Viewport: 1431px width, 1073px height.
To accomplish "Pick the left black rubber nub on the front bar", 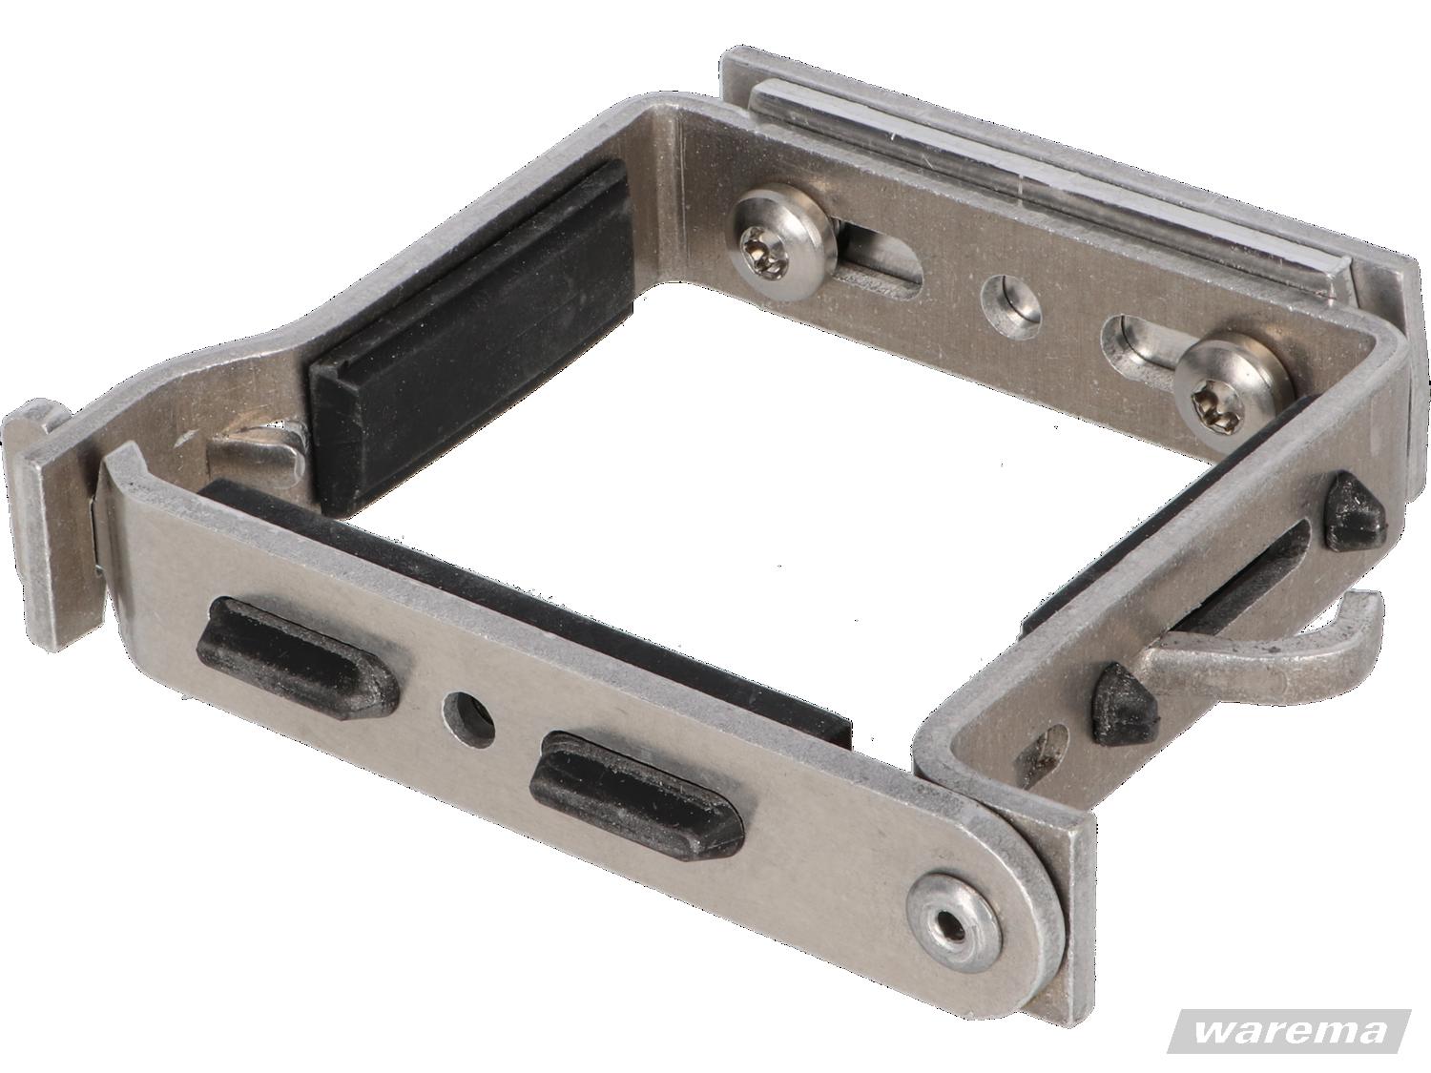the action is (x=299, y=654).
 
